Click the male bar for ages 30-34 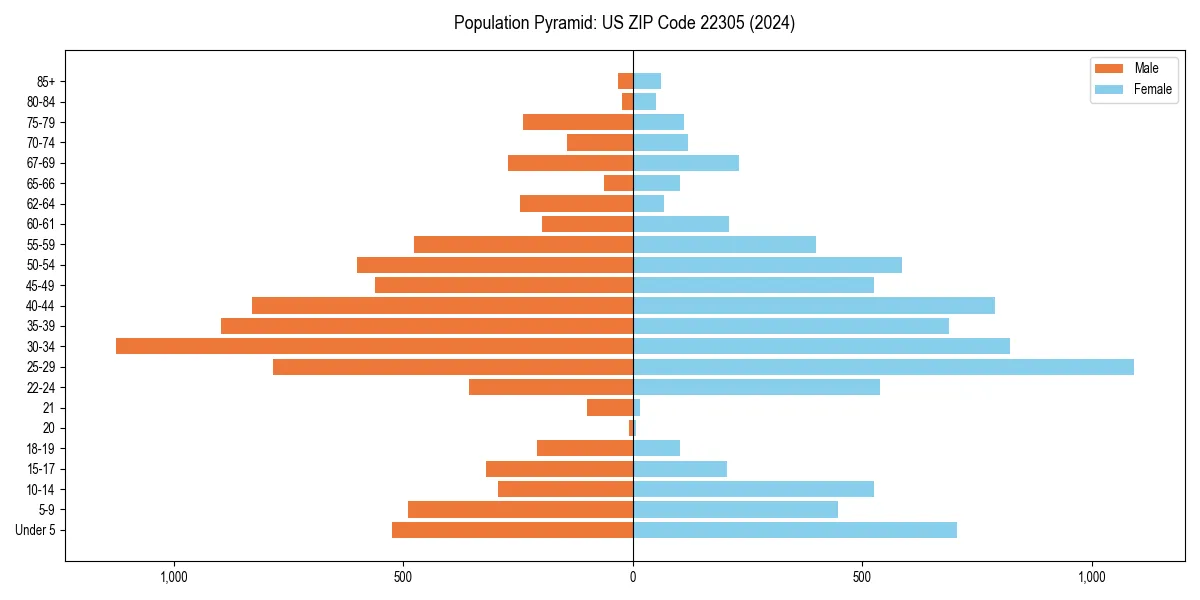point(374,346)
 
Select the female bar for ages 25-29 point(883,367)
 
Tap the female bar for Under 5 point(795,530)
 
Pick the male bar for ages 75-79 point(578,122)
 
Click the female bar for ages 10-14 point(753,489)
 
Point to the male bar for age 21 point(610,408)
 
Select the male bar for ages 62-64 point(576,204)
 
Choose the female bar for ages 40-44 point(814,306)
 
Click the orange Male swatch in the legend point(1109,69)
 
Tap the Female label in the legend point(1153,89)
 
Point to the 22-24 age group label point(41,387)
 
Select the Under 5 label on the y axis point(35,530)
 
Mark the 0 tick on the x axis point(633,577)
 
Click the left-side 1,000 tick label point(174,577)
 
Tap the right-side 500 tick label point(862,577)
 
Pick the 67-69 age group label point(41,163)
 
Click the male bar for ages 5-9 point(520,510)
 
